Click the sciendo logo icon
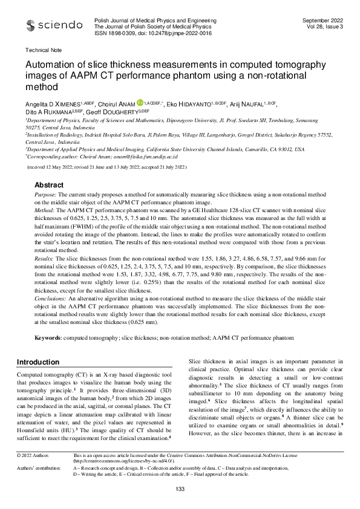[30, 26]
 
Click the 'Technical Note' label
[41, 51]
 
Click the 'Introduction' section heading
[41, 362]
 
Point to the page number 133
[180, 488]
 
